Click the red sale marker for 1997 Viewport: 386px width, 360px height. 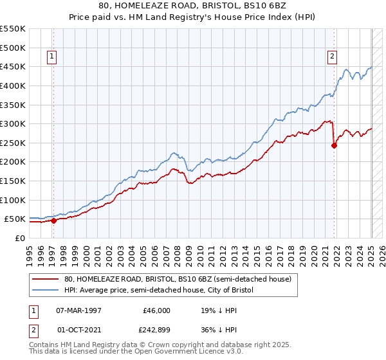click(x=53, y=221)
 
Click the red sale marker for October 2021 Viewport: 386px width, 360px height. click(x=335, y=145)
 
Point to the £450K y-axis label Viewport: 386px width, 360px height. click(x=13, y=66)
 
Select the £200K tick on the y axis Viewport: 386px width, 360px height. click(x=13, y=161)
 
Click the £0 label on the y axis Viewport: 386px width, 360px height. click(x=21, y=238)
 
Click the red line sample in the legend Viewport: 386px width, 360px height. click(x=46, y=279)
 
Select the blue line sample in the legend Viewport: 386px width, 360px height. click(x=46, y=290)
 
